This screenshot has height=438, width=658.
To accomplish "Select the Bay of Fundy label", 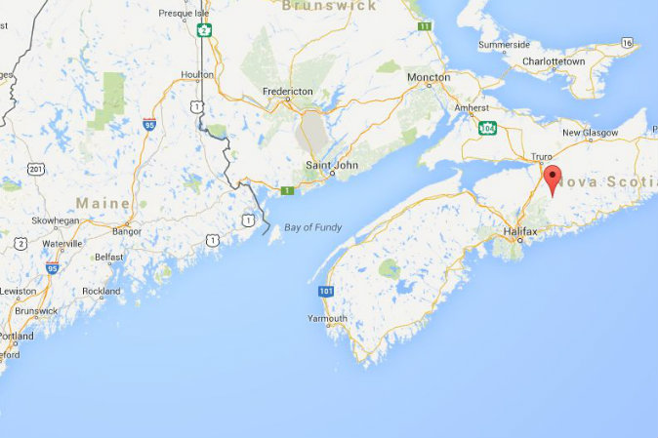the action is (312, 227).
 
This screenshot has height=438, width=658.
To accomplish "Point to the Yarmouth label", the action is (327, 318).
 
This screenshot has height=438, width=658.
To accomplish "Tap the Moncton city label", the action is (429, 77).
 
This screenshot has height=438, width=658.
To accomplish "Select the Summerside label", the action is (504, 44).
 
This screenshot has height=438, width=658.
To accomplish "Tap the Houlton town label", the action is (197, 74).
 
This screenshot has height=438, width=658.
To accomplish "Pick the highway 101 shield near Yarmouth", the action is (325, 291).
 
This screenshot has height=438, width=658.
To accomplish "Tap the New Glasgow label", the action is (586, 133).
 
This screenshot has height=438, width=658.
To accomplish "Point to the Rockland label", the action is (102, 291).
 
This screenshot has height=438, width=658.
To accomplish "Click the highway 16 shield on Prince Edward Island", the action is (626, 43).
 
